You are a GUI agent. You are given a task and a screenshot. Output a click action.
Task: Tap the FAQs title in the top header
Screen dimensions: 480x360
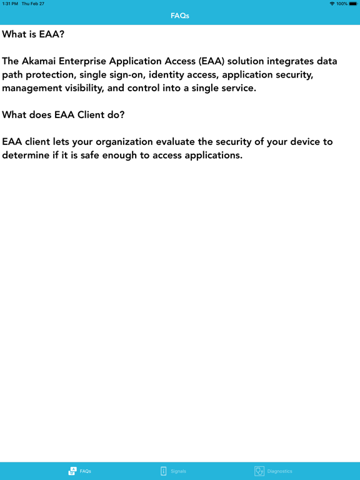tap(180, 16)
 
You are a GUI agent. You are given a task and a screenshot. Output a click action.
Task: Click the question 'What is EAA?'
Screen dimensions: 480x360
tap(33, 34)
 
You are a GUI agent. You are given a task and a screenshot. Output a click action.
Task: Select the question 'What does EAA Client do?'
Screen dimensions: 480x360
tap(64, 114)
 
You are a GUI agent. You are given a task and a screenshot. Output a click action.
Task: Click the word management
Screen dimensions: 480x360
tap(32, 87)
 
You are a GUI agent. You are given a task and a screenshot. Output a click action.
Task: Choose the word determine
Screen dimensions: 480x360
tap(28, 155)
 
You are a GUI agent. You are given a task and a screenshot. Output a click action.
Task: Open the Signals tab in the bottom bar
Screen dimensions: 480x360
tap(173, 471)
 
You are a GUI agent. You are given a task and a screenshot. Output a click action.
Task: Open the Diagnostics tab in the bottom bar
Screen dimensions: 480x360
tap(273, 471)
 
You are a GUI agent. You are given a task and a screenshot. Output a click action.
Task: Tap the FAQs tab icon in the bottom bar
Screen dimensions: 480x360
tap(72, 471)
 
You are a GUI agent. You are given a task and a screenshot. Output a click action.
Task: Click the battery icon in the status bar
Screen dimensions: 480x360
tap(353, 4)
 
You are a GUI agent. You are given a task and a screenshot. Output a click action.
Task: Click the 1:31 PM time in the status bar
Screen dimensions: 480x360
tap(10, 4)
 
